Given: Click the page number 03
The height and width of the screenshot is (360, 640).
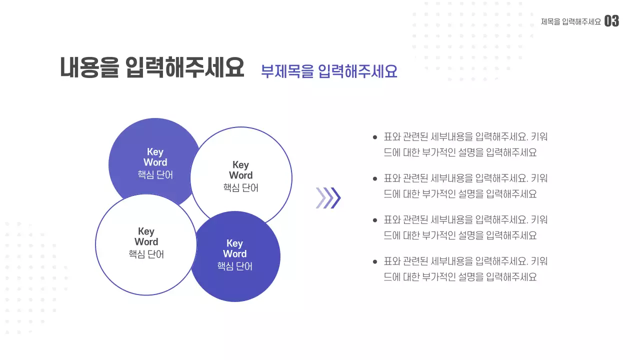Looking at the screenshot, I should [x=611, y=21].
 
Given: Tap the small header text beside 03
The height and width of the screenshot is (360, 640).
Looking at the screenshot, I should [x=570, y=21].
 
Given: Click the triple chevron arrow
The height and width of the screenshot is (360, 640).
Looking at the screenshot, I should [x=328, y=197].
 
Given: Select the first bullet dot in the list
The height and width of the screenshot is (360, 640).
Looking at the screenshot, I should [x=375, y=137].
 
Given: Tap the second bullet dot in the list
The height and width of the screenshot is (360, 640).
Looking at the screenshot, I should [x=375, y=178].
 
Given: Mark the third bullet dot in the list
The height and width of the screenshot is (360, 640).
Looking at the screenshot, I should [x=375, y=220].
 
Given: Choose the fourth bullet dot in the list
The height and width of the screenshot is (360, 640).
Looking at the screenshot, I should [x=375, y=261].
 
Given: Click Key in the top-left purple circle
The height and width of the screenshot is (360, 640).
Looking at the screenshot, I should [x=155, y=152].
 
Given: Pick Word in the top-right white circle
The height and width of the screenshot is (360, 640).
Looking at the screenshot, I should [x=241, y=175].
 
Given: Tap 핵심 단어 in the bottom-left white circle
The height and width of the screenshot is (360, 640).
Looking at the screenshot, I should [x=146, y=254].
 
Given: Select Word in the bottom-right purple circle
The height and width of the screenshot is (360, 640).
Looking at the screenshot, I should [x=234, y=254].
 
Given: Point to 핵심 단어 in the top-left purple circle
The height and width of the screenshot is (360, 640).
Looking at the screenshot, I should [x=155, y=175].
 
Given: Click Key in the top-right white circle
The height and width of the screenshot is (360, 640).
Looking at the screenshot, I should [x=240, y=165].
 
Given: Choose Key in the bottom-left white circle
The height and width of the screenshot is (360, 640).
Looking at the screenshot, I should [x=146, y=231].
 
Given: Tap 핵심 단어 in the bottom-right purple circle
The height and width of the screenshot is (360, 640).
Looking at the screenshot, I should [x=234, y=266].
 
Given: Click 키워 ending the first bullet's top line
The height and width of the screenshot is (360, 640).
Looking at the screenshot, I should [x=539, y=137].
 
